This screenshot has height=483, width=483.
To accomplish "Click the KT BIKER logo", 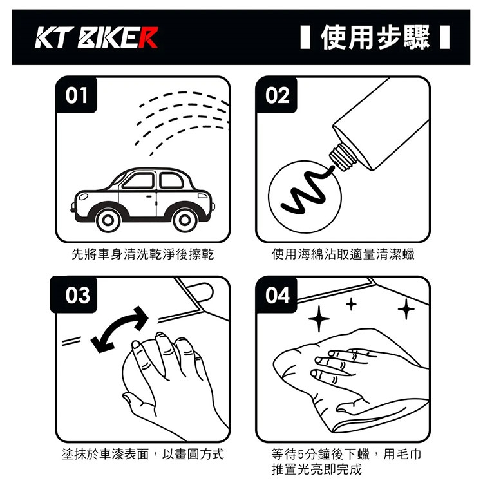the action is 97,37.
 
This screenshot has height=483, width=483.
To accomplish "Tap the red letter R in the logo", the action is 148,37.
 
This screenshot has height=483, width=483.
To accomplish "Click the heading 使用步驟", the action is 375,37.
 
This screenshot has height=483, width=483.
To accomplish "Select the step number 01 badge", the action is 77,95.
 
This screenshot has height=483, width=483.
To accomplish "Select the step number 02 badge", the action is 277,95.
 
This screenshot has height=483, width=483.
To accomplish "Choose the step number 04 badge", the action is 277,295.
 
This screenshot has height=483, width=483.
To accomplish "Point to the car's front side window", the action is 139,180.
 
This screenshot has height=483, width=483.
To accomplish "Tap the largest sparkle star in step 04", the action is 319,319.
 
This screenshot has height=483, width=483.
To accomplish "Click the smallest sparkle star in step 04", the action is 351,305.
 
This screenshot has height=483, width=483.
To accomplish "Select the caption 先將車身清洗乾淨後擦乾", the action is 142,254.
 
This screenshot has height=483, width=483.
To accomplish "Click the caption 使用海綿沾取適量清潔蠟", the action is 343,254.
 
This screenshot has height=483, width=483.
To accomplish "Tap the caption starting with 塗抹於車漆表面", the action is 142,455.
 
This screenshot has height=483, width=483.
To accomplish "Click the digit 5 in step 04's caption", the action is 301,455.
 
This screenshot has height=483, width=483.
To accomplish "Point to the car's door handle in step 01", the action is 149,196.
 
